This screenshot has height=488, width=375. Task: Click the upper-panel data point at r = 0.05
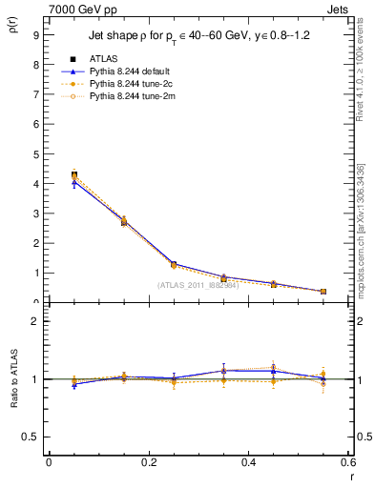point(74,174)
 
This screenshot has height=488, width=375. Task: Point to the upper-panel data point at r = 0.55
point(323,292)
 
